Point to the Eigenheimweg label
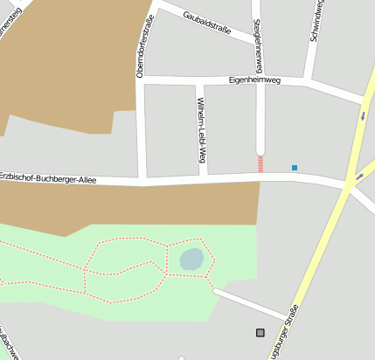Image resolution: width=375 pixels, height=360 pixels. [253, 80]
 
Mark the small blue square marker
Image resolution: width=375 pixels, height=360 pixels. [295, 167]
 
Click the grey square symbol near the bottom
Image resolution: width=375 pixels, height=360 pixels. [260, 332]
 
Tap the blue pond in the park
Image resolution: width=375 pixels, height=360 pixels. [191, 259]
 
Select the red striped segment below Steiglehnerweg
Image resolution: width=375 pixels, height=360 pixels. [260, 163]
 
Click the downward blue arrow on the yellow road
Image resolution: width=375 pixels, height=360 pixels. [362, 115]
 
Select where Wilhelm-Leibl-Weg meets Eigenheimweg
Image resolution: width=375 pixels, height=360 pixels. [200, 81]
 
